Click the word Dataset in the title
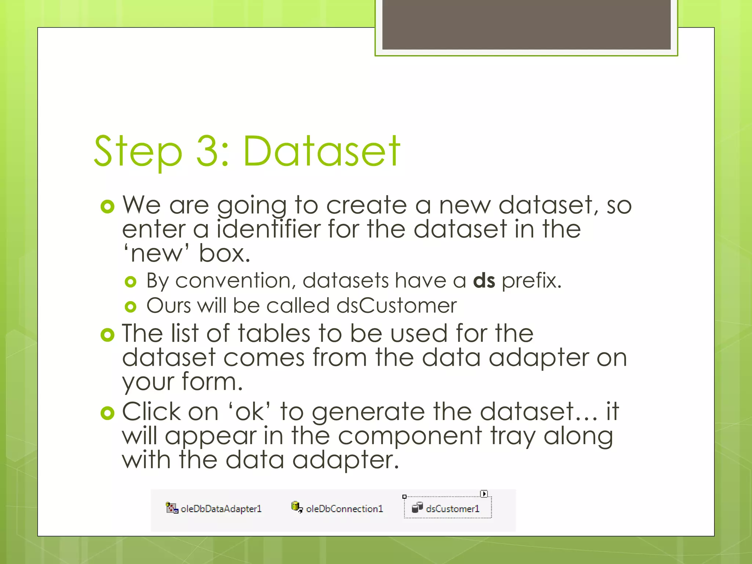tap(321, 151)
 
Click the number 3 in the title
tap(208, 151)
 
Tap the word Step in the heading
tap(138, 151)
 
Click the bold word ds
tap(484, 281)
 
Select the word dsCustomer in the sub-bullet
tap(397, 305)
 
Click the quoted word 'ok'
tap(250, 412)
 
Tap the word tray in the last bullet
tap(513, 436)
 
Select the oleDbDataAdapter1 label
tap(221, 509)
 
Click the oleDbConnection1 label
tap(344, 509)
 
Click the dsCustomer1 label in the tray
tap(452, 509)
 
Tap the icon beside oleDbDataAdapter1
tap(171, 508)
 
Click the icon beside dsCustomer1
tap(417, 508)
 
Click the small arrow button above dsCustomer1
tap(484, 494)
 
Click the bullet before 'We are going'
tap(107, 207)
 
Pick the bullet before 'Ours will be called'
tap(130, 307)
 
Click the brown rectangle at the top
tap(526, 24)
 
